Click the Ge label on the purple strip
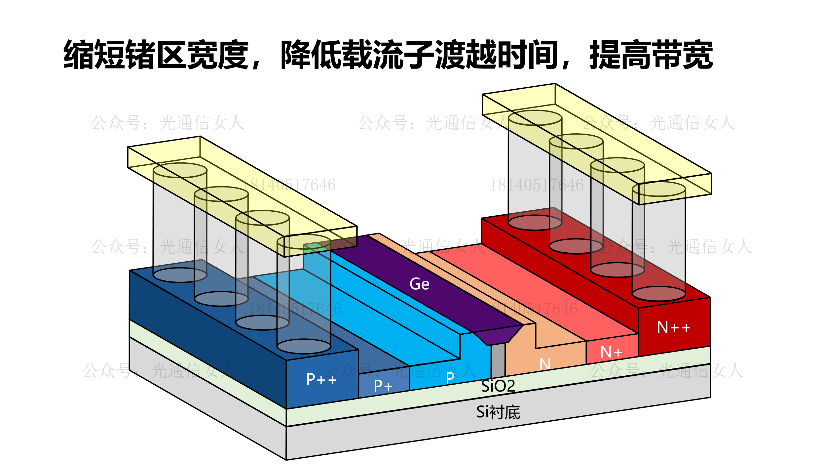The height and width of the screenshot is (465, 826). click(419, 284)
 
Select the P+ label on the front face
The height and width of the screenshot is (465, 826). click(383, 386)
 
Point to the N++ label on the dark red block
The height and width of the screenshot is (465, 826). click(673, 327)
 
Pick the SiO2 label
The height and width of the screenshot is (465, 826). click(498, 386)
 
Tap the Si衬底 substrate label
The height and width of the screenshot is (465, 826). click(498, 412)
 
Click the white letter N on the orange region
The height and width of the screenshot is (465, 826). click(545, 364)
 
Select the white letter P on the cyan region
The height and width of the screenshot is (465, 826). click(450, 378)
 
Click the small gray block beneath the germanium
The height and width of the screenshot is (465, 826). click(498, 361)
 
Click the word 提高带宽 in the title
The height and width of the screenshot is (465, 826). click(651, 55)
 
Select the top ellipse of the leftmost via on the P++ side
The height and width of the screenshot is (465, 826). click(180, 170)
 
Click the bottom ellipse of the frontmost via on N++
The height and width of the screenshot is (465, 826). click(659, 294)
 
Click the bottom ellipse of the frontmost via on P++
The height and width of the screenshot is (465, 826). click(304, 346)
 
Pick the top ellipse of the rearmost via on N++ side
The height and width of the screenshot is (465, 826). click(535, 118)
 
